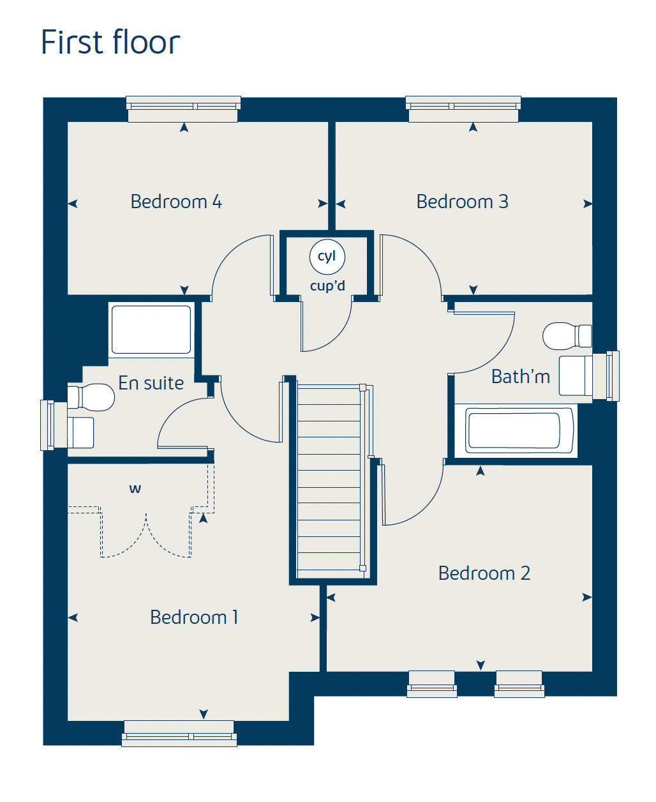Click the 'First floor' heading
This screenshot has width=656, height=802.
click(110, 43)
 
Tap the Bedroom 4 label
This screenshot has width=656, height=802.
click(176, 202)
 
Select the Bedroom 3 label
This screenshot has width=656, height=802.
click(462, 202)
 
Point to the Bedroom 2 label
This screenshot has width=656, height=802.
click(484, 573)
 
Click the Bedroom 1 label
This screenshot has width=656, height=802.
click(194, 617)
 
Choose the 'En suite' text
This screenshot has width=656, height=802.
click(151, 383)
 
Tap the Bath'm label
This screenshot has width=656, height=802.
click(521, 377)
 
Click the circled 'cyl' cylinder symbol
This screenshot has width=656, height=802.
click(327, 257)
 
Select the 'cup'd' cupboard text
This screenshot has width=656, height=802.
click(327, 285)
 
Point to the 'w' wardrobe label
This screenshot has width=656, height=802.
click(135, 489)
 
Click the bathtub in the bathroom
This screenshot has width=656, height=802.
click(514, 430)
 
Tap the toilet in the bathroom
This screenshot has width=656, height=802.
click(565, 336)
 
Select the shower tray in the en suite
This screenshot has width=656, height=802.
click(151, 329)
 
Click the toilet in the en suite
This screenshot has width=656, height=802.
click(91, 397)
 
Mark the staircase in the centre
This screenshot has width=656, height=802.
click(329, 479)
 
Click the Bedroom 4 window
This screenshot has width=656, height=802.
click(183, 109)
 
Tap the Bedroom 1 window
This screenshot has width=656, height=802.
click(179, 733)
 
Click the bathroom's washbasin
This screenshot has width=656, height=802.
click(576, 375)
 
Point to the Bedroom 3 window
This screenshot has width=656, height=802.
click(463, 109)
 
